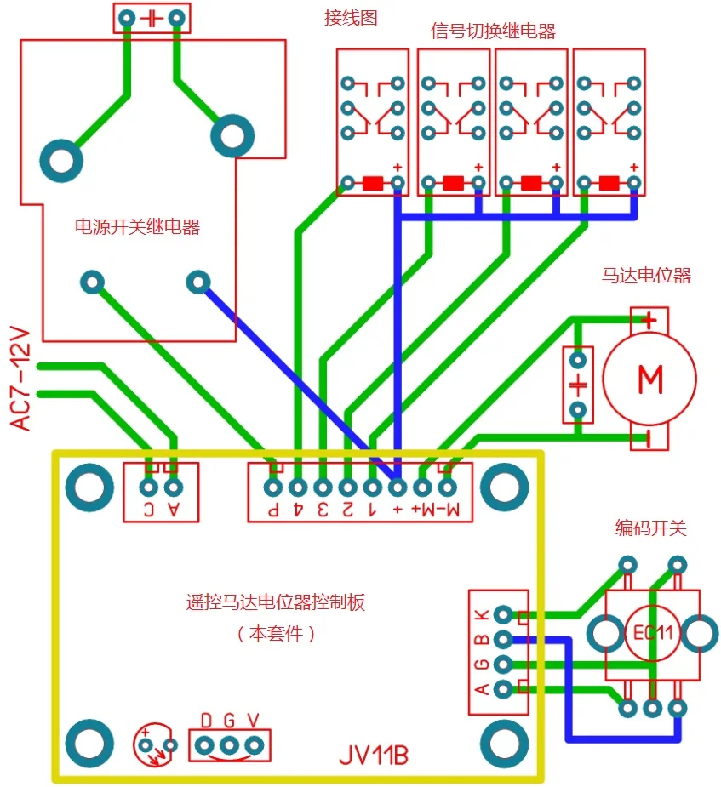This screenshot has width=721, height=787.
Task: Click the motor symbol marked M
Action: click(649, 379)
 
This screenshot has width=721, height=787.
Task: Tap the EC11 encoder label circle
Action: click(653, 633)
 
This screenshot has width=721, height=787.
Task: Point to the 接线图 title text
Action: click(350, 17)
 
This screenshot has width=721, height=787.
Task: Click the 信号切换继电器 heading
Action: click(493, 31)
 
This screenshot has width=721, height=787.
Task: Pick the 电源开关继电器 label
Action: click(138, 227)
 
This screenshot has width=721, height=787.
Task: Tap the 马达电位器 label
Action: click(646, 275)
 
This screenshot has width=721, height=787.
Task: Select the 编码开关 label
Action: click(650, 528)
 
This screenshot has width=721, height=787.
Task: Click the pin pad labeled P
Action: click(272, 488)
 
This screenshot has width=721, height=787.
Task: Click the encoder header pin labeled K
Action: click(503, 614)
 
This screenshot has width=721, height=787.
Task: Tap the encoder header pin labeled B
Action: click(503, 639)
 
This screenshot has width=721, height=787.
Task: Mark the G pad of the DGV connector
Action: click(229, 745)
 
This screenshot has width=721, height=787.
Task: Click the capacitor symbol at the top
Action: click(152, 17)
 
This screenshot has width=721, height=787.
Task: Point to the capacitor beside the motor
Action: click(578, 384)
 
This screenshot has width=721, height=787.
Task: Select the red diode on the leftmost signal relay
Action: click(373, 182)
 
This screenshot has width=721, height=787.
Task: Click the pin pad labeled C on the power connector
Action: click(148, 488)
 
